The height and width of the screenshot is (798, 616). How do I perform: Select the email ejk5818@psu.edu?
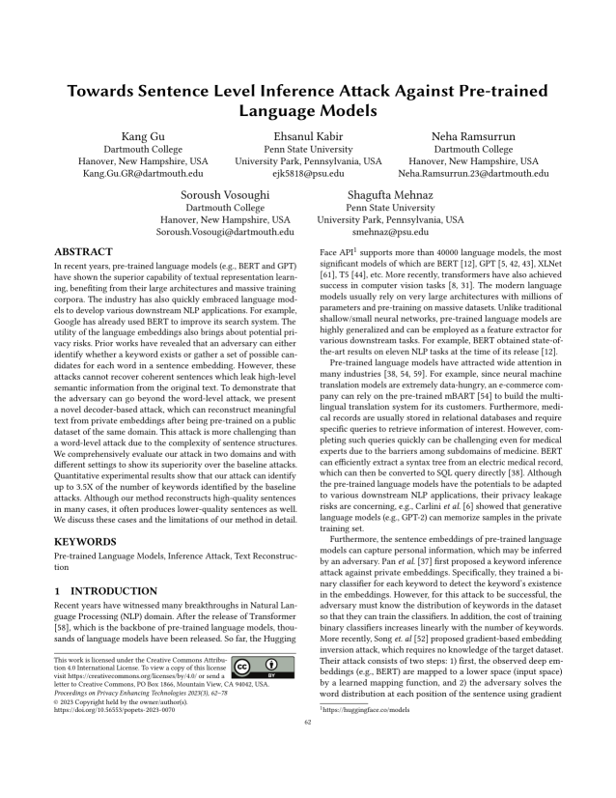(x=308, y=174)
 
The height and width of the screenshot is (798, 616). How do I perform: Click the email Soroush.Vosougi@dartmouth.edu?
(x=226, y=233)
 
